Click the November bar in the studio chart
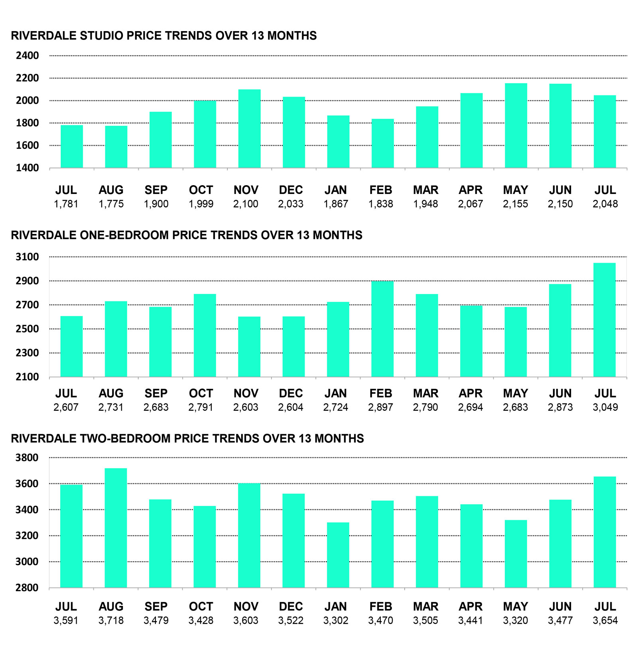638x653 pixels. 249,129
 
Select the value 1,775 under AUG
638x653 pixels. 111,204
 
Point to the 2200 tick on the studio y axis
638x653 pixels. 28,78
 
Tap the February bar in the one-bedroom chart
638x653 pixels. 382,329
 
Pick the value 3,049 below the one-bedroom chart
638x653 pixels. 605,408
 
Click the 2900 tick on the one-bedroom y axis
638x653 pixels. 28,281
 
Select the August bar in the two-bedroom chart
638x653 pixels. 116,528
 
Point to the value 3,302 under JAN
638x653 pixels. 335,621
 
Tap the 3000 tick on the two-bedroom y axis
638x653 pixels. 27,562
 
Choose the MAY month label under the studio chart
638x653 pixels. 515,190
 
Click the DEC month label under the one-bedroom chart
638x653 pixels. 291,394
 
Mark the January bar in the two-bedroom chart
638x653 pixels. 338,555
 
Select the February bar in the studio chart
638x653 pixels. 383,143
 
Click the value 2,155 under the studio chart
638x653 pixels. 515,204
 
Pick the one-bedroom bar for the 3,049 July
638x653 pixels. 605,320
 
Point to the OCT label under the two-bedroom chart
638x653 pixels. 201,607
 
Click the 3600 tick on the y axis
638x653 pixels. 27,484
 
